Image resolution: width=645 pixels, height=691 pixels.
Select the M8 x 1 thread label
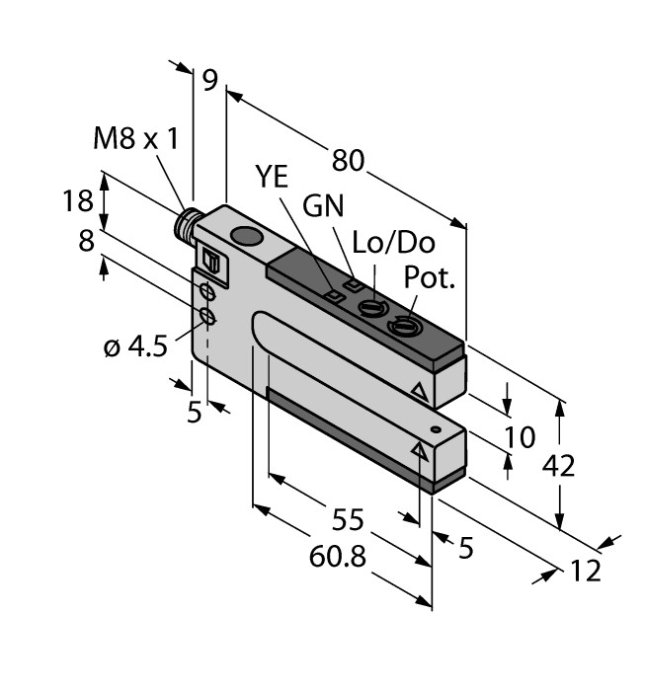click(x=136, y=139)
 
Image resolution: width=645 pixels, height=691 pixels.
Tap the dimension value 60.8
click(x=337, y=557)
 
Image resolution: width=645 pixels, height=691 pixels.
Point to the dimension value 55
click(x=347, y=518)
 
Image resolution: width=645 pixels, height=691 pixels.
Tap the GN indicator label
click(x=324, y=206)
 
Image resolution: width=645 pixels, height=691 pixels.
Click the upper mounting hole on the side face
click(x=207, y=293)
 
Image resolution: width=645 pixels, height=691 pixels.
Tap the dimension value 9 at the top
click(x=209, y=79)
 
